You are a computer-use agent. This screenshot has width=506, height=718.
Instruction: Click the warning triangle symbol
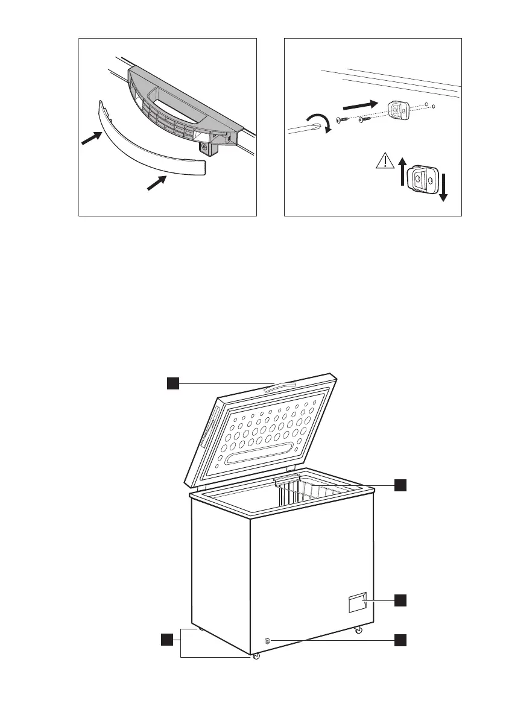(x=384, y=161)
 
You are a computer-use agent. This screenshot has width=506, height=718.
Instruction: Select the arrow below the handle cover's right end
(x=157, y=181)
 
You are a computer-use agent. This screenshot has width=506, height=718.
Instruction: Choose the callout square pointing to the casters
(x=167, y=639)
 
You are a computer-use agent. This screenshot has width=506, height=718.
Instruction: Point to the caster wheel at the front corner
(x=256, y=656)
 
